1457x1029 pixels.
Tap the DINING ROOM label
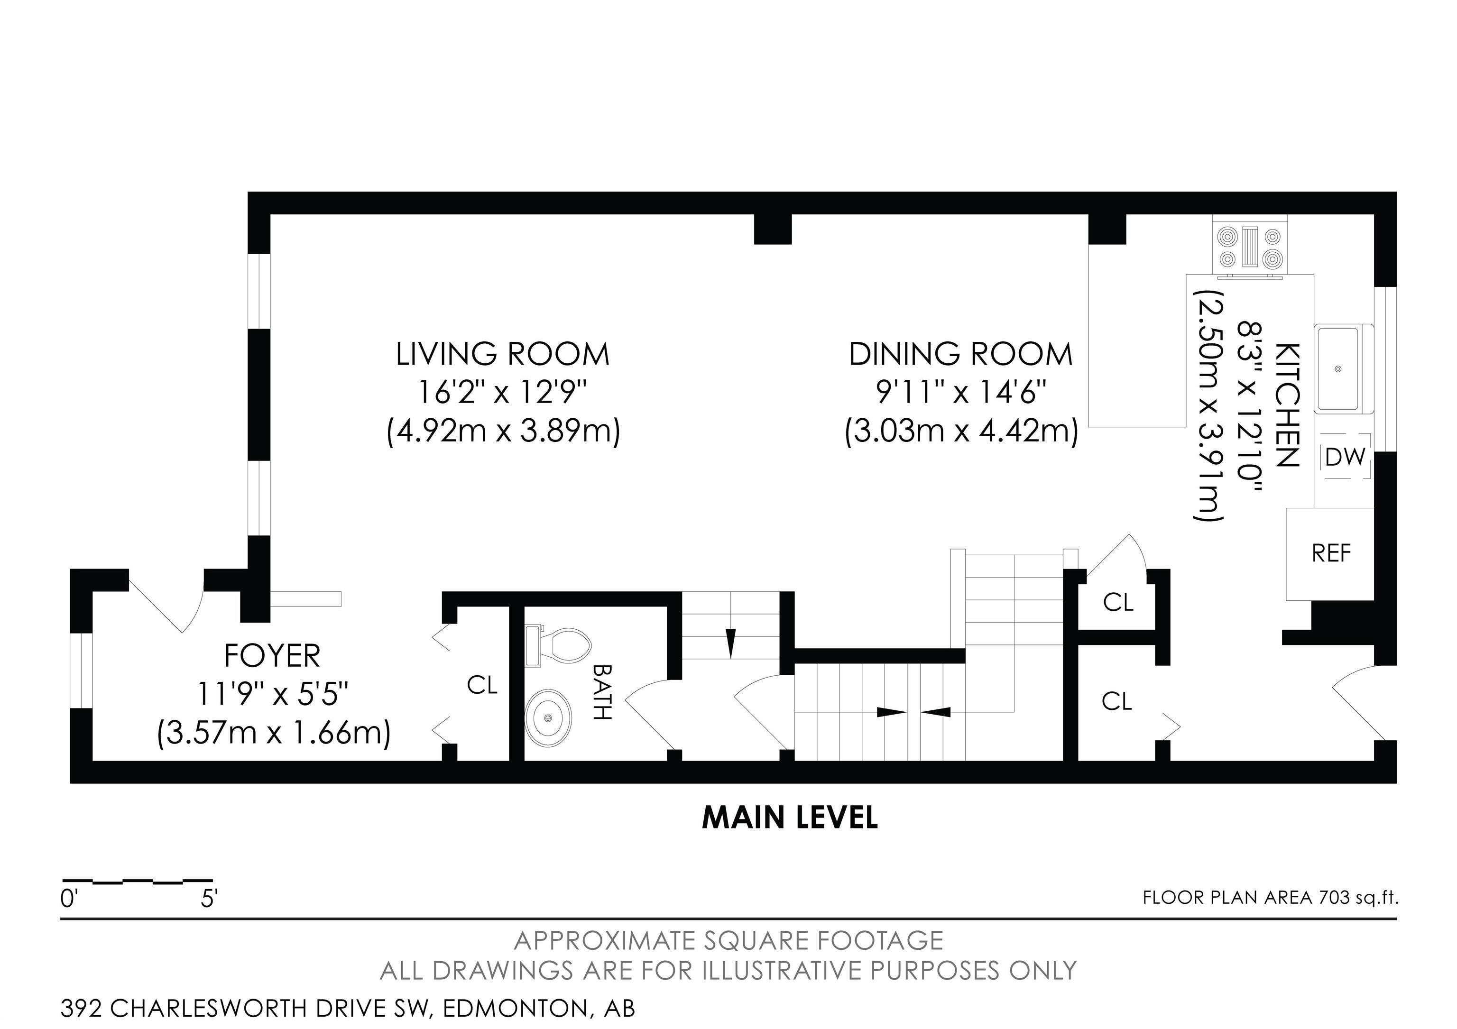(961, 354)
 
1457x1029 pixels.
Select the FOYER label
(272, 656)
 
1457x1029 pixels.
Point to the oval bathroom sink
(548, 717)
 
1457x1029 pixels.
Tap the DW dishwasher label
(1345, 457)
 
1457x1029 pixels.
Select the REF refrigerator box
(1331, 553)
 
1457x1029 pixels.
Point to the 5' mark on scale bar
(210, 899)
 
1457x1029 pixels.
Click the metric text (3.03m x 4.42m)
(961, 432)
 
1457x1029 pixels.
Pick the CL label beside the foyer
(482, 685)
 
